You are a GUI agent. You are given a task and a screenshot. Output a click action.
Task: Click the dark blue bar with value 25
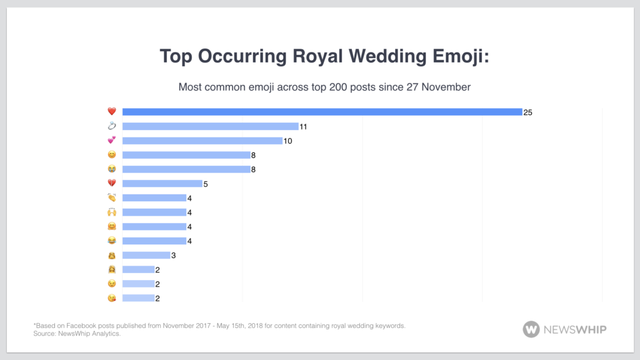[x=322, y=112]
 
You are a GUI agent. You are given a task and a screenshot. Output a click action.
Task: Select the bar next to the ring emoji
[x=210, y=126]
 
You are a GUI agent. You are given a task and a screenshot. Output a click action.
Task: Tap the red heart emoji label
[x=112, y=112]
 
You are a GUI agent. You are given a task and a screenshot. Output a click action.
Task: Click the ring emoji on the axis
[x=112, y=126]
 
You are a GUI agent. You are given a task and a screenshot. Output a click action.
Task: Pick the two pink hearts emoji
[x=112, y=141]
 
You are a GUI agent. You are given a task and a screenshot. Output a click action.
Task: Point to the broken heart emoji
[x=112, y=184]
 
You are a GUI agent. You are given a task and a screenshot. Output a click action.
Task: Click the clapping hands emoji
[x=112, y=198]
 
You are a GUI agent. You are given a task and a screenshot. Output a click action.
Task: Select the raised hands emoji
[x=112, y=212]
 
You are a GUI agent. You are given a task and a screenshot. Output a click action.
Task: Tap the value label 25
[x=528, y=112]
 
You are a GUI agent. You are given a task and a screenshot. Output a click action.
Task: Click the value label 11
[x=304, y=126]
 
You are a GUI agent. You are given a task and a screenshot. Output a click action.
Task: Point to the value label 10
[x=287, y=141]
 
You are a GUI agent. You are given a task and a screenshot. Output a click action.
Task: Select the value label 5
[x=205, y=184]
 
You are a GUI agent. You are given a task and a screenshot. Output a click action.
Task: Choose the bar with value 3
[x=146, y=255]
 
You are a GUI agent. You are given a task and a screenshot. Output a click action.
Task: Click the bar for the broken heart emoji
[x=162, y=184]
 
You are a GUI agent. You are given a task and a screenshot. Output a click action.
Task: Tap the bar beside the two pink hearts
[x=202, y=141]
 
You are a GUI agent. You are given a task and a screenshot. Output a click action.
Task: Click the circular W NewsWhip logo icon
[x=531, y=329]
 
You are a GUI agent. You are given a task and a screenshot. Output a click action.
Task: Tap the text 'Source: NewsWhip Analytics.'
[x=76, y=334]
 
